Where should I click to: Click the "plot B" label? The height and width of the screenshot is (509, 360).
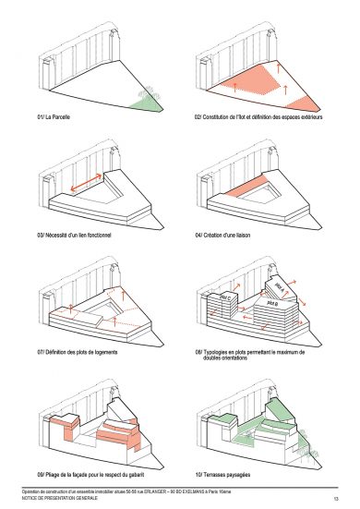274,303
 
